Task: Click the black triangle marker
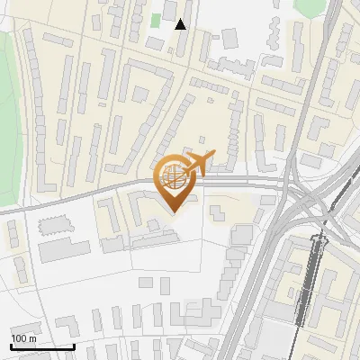click(181, 24)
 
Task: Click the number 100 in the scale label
click(19, 338)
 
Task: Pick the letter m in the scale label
click(32, 338)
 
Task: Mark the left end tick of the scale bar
click(12, 346)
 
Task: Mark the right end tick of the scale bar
click(73, 346)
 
